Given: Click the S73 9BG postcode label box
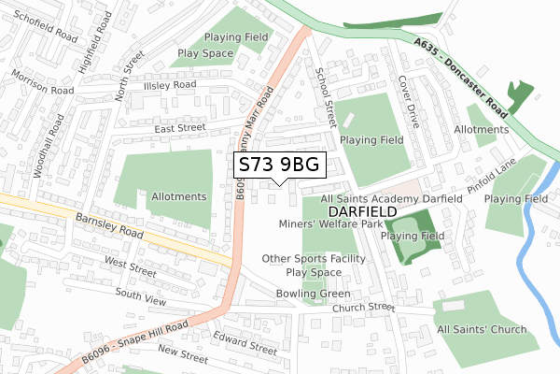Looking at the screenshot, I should click(x=279, y=165).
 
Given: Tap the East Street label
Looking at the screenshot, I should click(x=179, y=127).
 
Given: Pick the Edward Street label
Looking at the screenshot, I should click(x=245, y=340).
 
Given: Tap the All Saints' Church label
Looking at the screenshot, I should click(x=481, y=329).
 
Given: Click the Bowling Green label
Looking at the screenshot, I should click(x=313, y=293).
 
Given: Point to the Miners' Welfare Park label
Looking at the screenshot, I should click(x=330, y=224).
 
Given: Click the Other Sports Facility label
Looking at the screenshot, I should click(x=313, y=258).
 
